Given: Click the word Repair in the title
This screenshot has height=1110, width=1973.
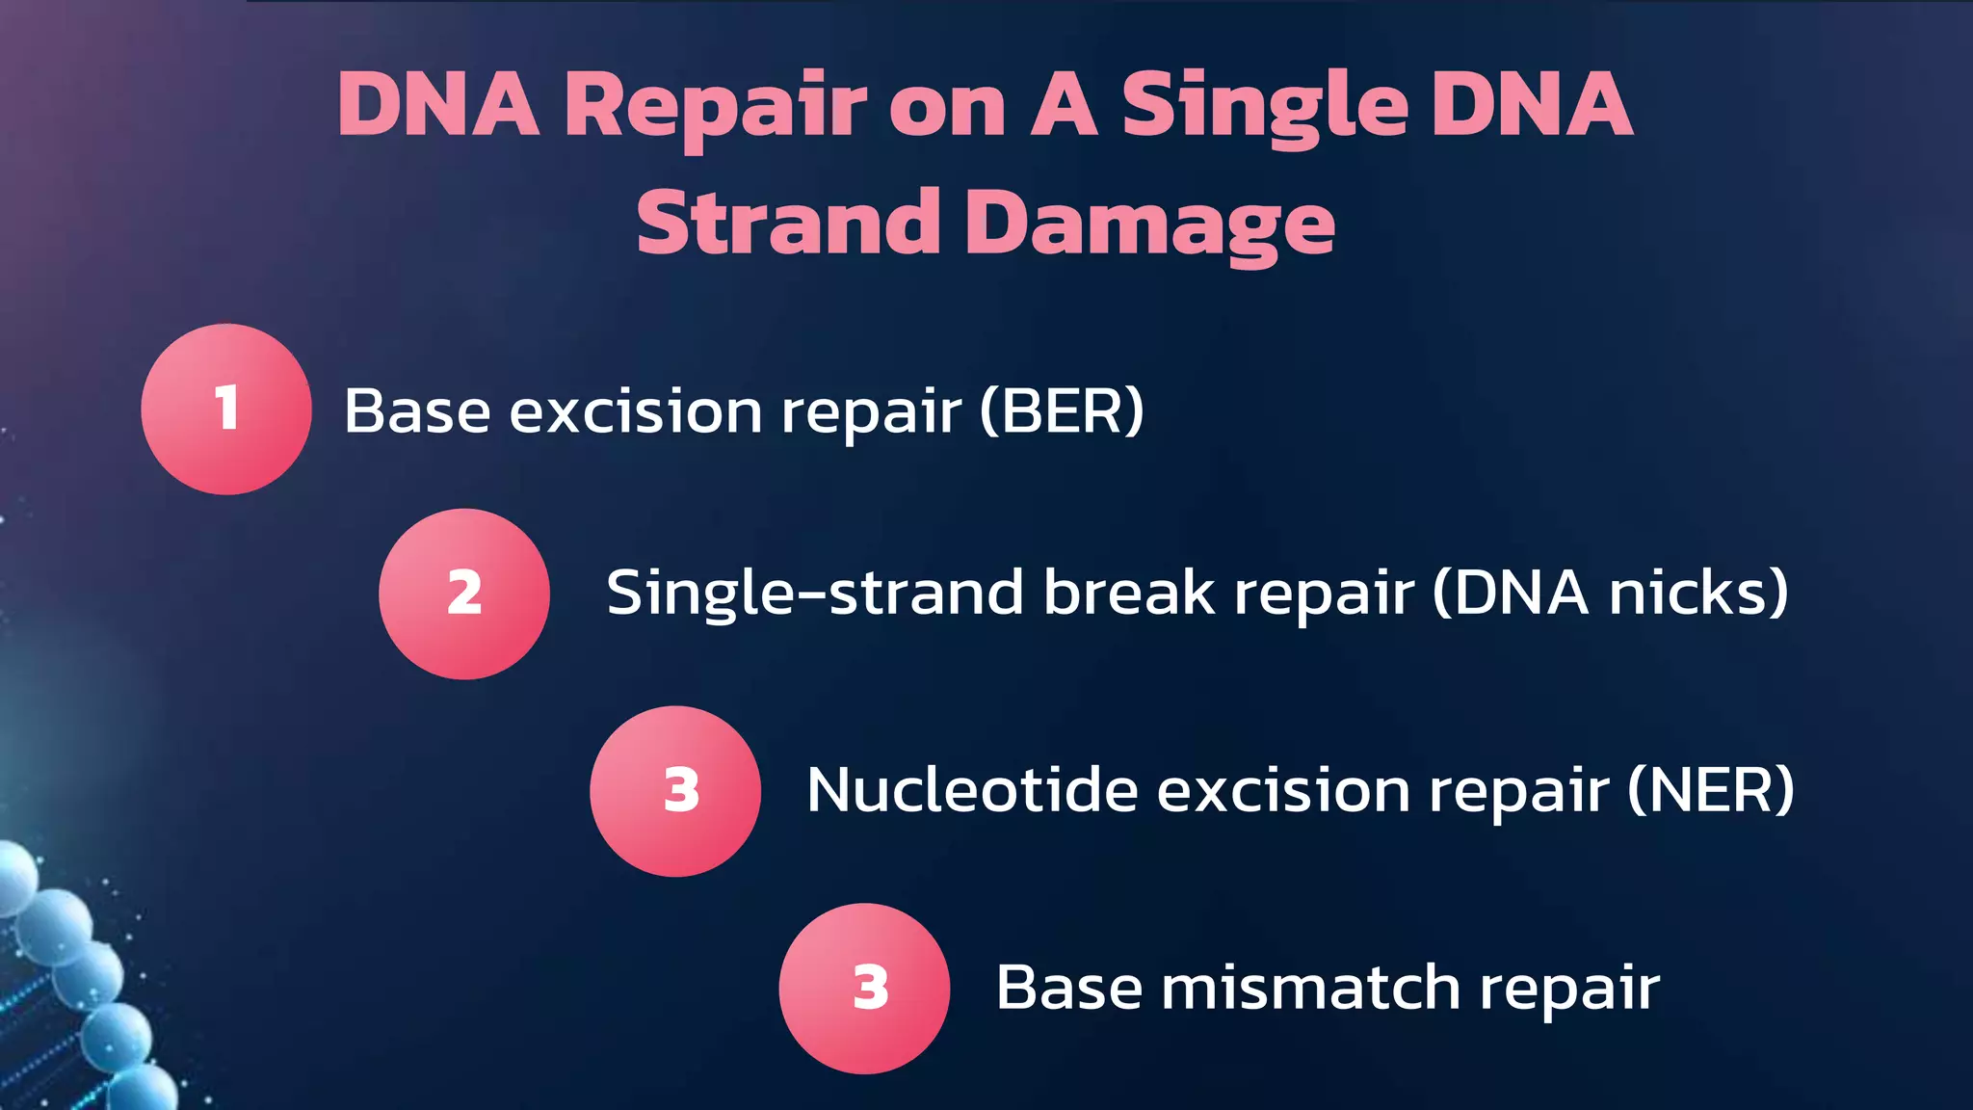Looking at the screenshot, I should click(715, 106).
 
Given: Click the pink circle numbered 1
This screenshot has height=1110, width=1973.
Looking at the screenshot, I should click(226, 409).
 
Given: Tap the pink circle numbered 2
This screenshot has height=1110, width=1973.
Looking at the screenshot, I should click(464, 594).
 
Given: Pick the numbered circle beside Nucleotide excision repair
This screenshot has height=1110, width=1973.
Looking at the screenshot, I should click(675, 791).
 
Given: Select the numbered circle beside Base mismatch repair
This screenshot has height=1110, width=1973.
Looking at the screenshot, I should click(864, 988).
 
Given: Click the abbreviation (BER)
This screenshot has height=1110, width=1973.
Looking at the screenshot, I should click(1062, 411).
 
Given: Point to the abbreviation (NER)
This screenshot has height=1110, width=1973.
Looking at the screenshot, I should click(1711, 791).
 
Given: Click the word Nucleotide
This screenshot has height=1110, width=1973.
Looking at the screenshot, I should click(972, 791).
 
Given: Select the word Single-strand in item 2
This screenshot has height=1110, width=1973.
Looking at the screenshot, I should click(814, 594).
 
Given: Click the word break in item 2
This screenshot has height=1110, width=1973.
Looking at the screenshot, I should click(1129, 592).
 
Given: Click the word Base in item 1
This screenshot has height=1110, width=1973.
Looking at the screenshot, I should click(417, 411).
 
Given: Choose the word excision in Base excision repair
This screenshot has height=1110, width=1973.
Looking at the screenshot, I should click(636, 411).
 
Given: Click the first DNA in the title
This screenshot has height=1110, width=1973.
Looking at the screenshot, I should click(438, 106).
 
